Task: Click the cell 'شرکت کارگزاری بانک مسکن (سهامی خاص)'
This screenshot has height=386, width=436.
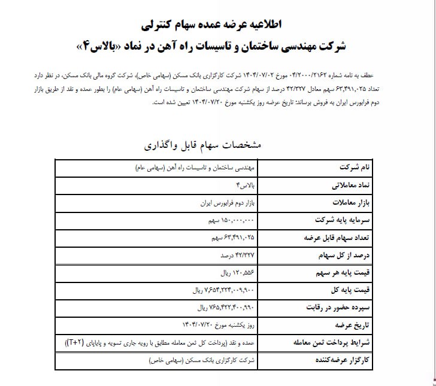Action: [x=203, y=361]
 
